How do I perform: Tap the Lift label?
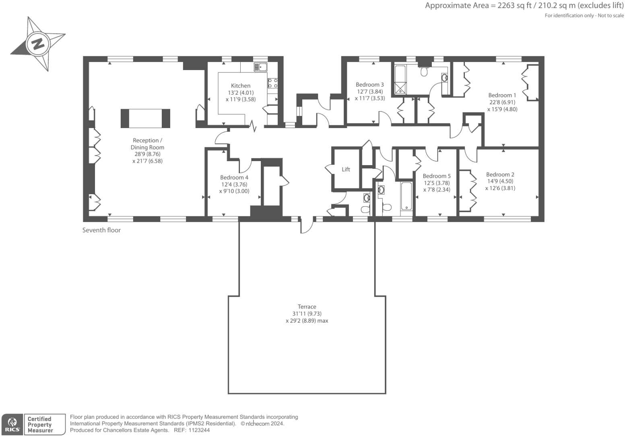tap(346, 169)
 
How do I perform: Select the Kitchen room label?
tap(241, 85)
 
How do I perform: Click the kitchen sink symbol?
tap(260, 67)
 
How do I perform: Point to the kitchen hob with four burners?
tap(272, 83)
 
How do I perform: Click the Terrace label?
tap(307, 307)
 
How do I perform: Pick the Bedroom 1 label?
tap(502, 95)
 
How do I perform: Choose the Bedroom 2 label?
tap(500, 174)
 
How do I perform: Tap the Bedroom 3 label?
tap(369, 85)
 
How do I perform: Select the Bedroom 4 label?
tap(234, 177)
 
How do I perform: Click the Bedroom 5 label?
tap(437, 176)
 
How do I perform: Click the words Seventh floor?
tap(101, 230)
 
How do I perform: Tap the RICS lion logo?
tap(12, 424)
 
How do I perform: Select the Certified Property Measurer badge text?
tap(40, 425)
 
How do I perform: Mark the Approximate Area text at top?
tap(524, 6)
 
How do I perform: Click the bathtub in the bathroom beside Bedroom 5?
tap(406, 197)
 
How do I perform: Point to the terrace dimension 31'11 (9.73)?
tap(307, 314)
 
